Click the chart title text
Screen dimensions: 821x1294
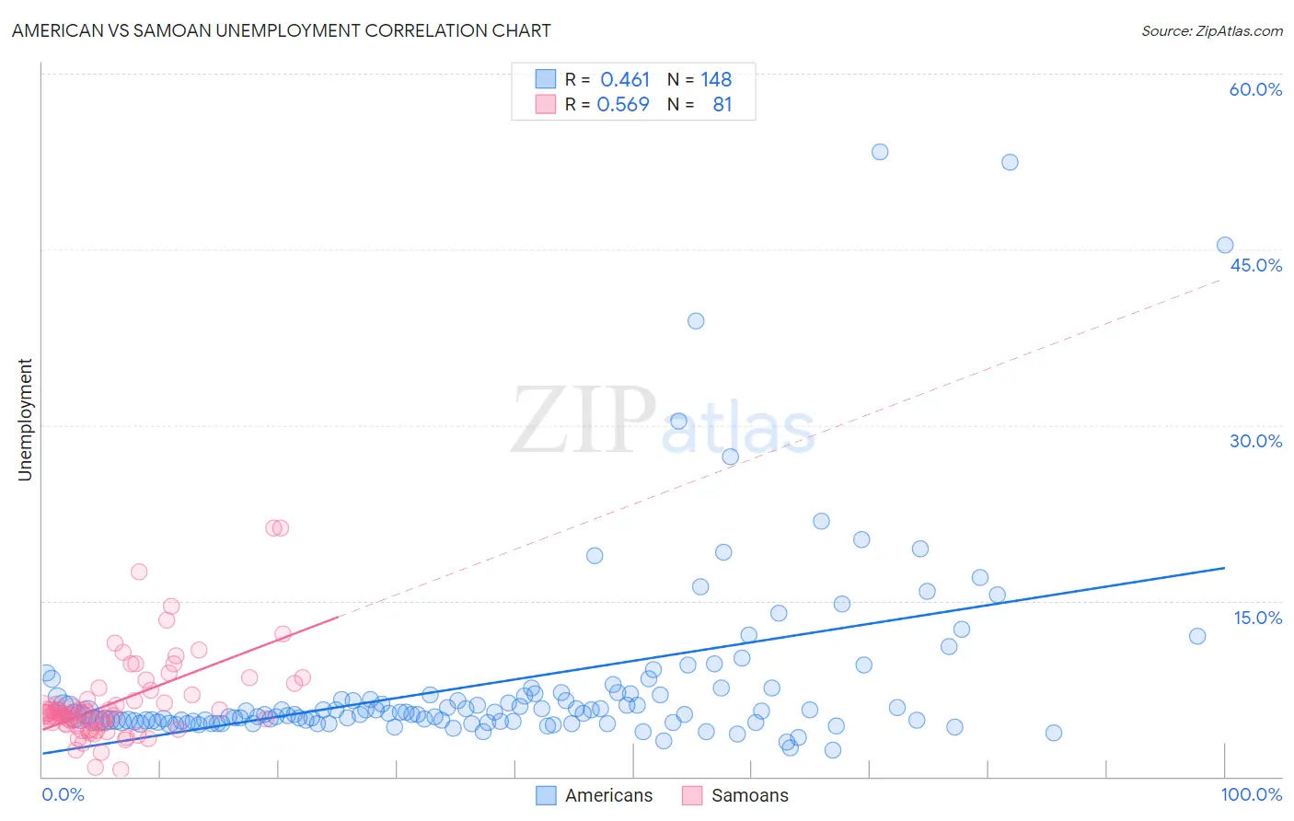coord(281,30)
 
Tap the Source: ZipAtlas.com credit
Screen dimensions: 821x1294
coord(1211,30)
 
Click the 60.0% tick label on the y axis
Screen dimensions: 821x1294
coord(1255,89)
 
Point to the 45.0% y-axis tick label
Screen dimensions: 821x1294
coord(1255,265)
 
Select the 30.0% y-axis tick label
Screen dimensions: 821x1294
coord(1255,441)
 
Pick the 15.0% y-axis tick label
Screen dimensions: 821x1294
coord(1257,618)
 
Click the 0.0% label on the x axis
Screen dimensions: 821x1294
coord(63,794)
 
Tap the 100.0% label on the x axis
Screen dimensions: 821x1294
coord(1251,794)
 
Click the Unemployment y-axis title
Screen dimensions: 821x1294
coord(25,420)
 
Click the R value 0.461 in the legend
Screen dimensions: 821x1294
coord(625,80)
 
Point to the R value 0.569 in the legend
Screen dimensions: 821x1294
coord(623,105)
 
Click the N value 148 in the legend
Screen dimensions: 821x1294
coord(716,80)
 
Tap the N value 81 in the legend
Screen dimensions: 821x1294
coord(722,105)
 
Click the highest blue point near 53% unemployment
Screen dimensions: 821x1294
coord(880,152)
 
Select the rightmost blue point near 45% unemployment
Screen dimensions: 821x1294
coord(1225,245)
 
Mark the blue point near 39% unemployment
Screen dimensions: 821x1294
coord(696,321)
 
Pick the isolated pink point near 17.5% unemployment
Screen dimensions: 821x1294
coord(139,572)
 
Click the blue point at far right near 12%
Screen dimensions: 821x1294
coord(1197,636)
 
